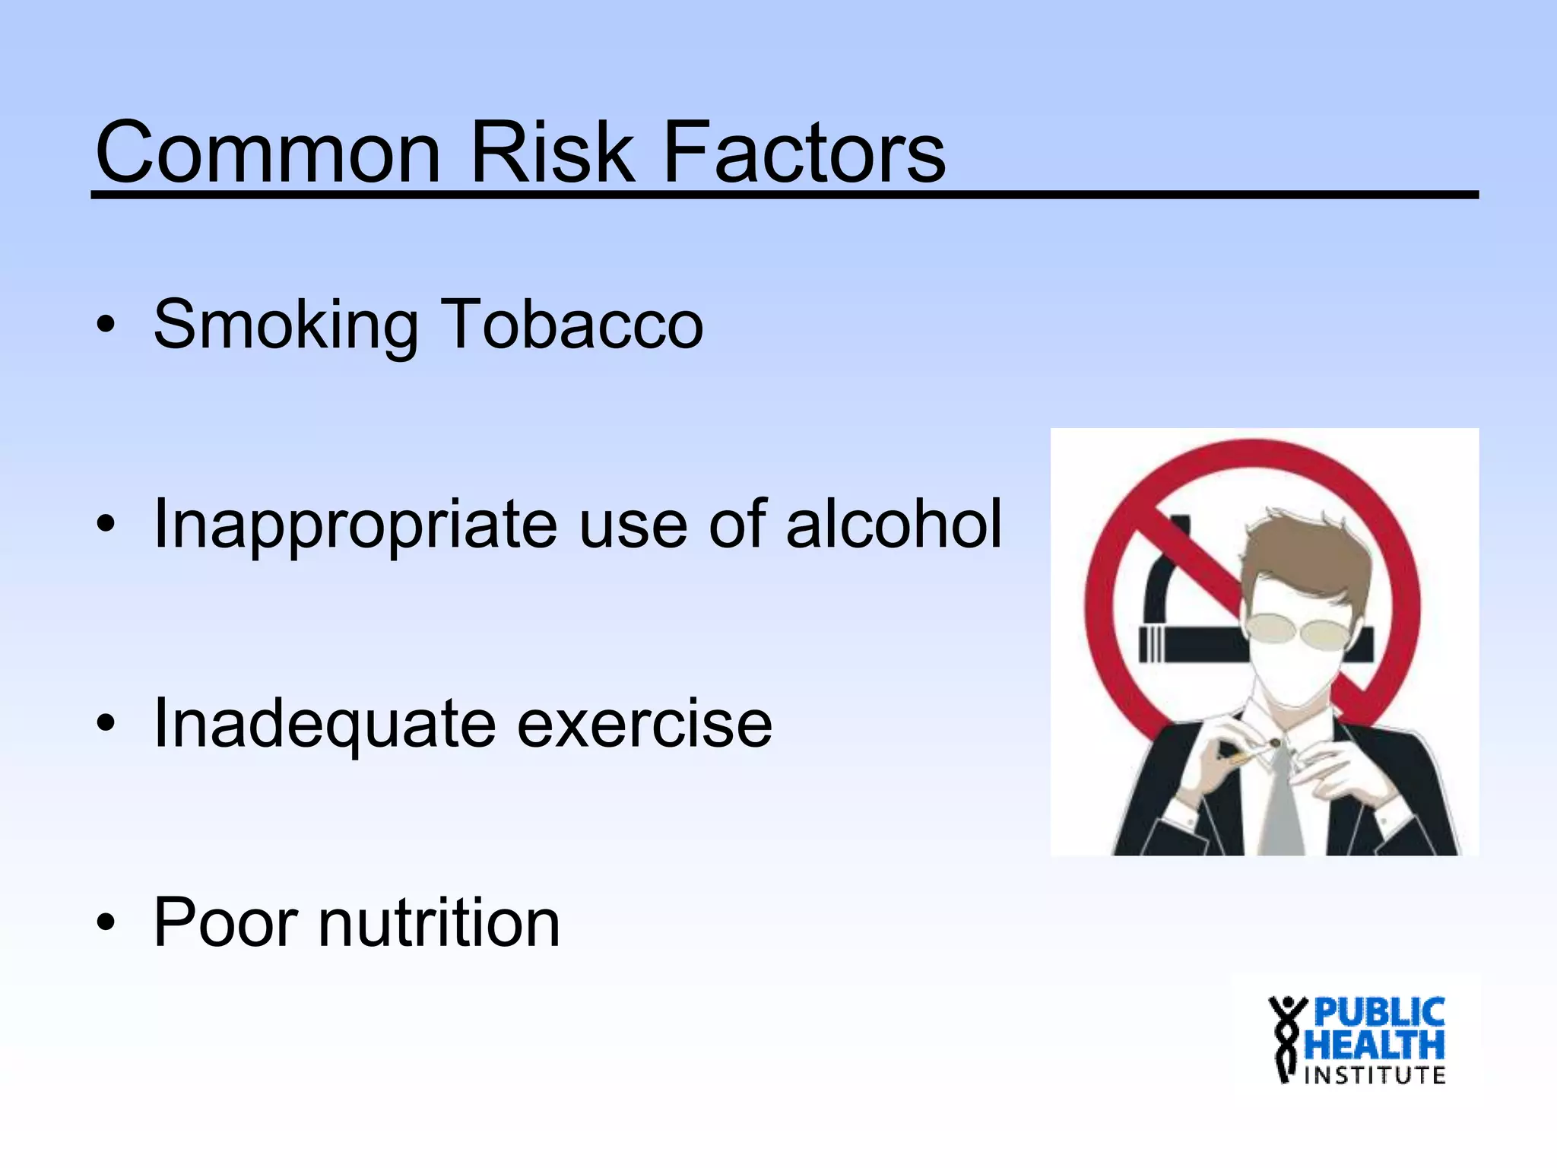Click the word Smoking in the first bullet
[285, 325]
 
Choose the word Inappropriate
[355, 525]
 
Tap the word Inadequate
[325, 724]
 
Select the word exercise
[644, 724]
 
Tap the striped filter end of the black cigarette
[1151, 645]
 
